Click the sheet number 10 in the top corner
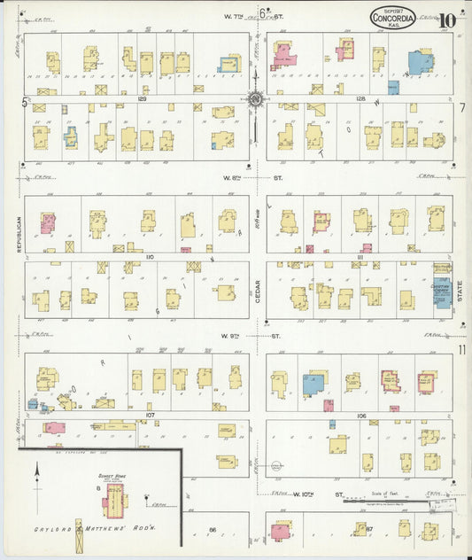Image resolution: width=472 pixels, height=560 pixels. [x=447, y=19]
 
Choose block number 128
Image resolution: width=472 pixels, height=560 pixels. [x=360, y=99]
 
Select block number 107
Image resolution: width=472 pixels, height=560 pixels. [x=151, y=415]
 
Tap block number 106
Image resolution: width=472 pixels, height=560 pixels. [x=360, y=415]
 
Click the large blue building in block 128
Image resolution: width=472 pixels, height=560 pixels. [x=420, y=63]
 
